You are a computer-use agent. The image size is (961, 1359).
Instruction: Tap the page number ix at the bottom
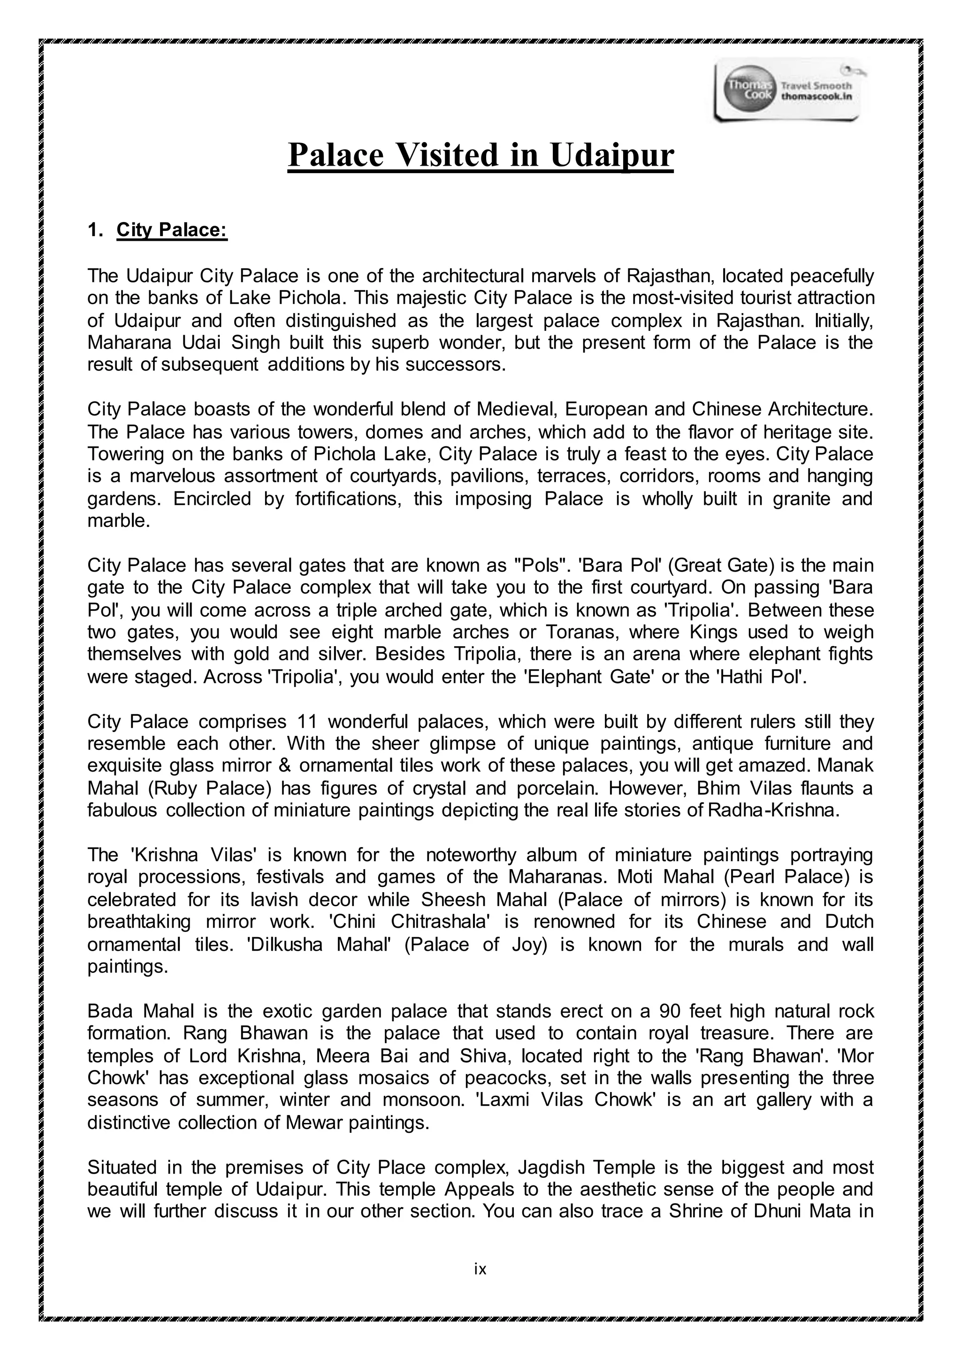click(480, 1268)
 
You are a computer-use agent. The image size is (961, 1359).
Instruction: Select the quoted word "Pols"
click(538, 565)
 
